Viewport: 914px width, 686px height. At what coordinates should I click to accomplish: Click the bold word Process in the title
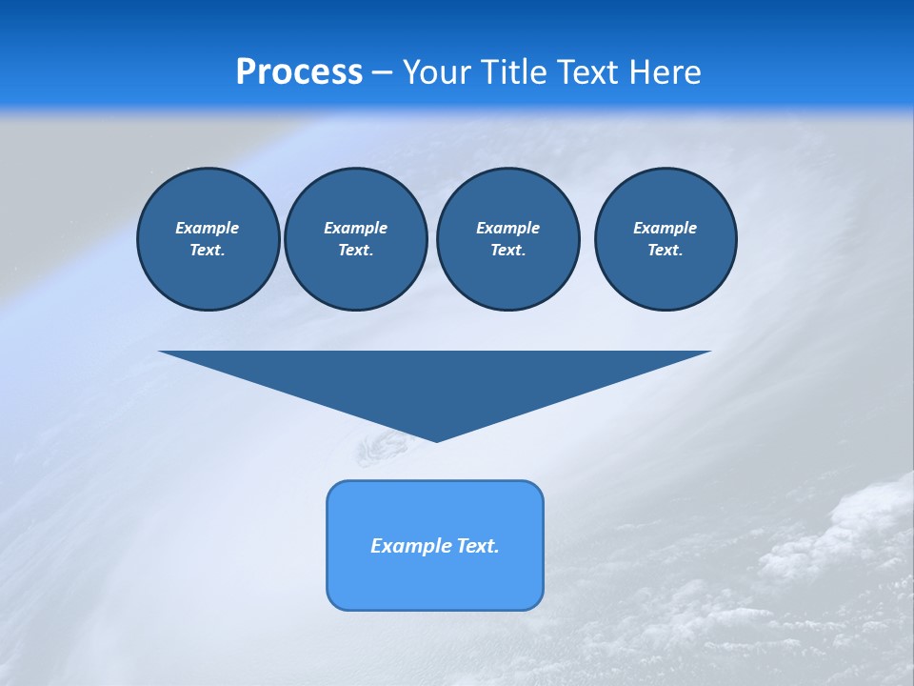(299, 72)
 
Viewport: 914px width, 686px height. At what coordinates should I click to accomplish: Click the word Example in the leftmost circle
(208, 228)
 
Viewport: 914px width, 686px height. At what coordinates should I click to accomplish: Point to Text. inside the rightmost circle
(666, 250)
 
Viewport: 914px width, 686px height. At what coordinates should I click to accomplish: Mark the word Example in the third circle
(507, 228)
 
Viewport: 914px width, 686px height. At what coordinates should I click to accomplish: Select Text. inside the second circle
(355, 250)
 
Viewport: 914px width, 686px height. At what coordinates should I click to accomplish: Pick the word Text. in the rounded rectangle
(479, 546)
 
